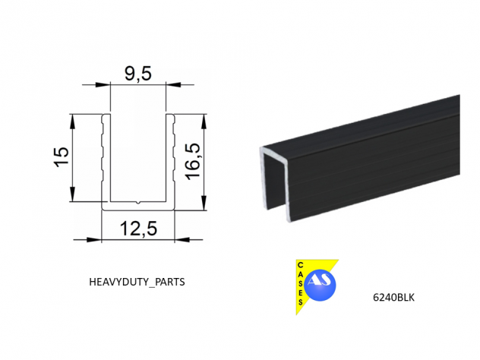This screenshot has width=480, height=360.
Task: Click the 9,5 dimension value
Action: tap(138, 74)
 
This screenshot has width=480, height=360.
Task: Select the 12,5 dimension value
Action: tap(138, 229)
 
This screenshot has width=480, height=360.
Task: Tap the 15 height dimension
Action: tap(62, 157)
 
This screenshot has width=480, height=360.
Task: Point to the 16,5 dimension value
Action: tap(193, 162)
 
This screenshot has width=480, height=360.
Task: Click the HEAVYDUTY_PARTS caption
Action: tap(137, 282)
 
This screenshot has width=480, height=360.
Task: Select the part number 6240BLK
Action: tap(393, 297)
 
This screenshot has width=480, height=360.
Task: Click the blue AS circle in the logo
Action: tap(320, 285)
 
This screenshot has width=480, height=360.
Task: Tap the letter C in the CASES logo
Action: tap(300, 265)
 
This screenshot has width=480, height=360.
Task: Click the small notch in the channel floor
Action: tap(138, 202)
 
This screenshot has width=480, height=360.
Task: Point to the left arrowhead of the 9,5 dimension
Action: tap(103, 84)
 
